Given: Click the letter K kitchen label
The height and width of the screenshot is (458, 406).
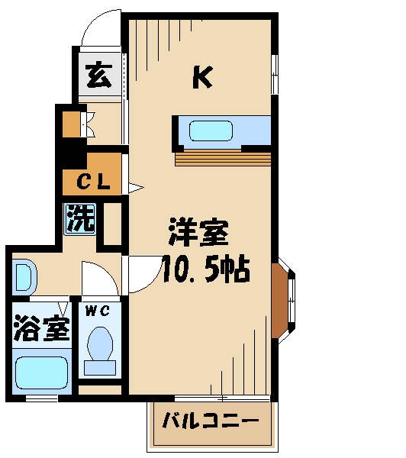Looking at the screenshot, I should coord(201,76).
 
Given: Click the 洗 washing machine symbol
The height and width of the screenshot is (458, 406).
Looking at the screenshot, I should coord(80,219).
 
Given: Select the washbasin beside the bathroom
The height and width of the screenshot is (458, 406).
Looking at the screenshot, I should coord(22,277).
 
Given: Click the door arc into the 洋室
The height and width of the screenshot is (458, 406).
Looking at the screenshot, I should coord(140,273).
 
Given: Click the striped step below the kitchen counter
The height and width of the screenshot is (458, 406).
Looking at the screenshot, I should coord(223,158).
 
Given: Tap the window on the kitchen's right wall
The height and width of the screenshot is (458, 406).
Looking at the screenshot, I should coord(275,73).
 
